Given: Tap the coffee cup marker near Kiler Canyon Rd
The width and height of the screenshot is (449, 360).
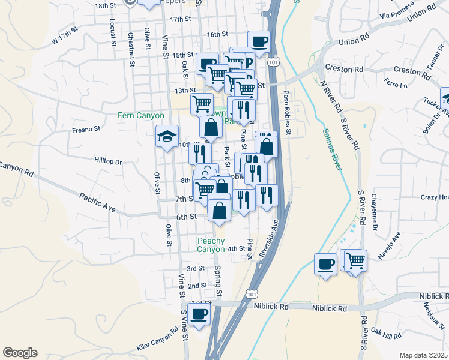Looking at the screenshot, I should point(199,314).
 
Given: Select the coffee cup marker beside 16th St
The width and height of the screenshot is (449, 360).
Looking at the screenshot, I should point(259,42).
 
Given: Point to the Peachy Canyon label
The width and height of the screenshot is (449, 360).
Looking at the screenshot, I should point(211,245).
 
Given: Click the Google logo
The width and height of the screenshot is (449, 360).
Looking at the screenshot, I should point(20,353).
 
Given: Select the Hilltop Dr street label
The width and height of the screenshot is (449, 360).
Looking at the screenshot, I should point(108,161).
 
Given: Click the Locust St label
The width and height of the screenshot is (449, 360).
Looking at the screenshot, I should point(113,36).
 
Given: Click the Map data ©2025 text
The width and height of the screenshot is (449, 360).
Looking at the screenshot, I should point(423,355).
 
